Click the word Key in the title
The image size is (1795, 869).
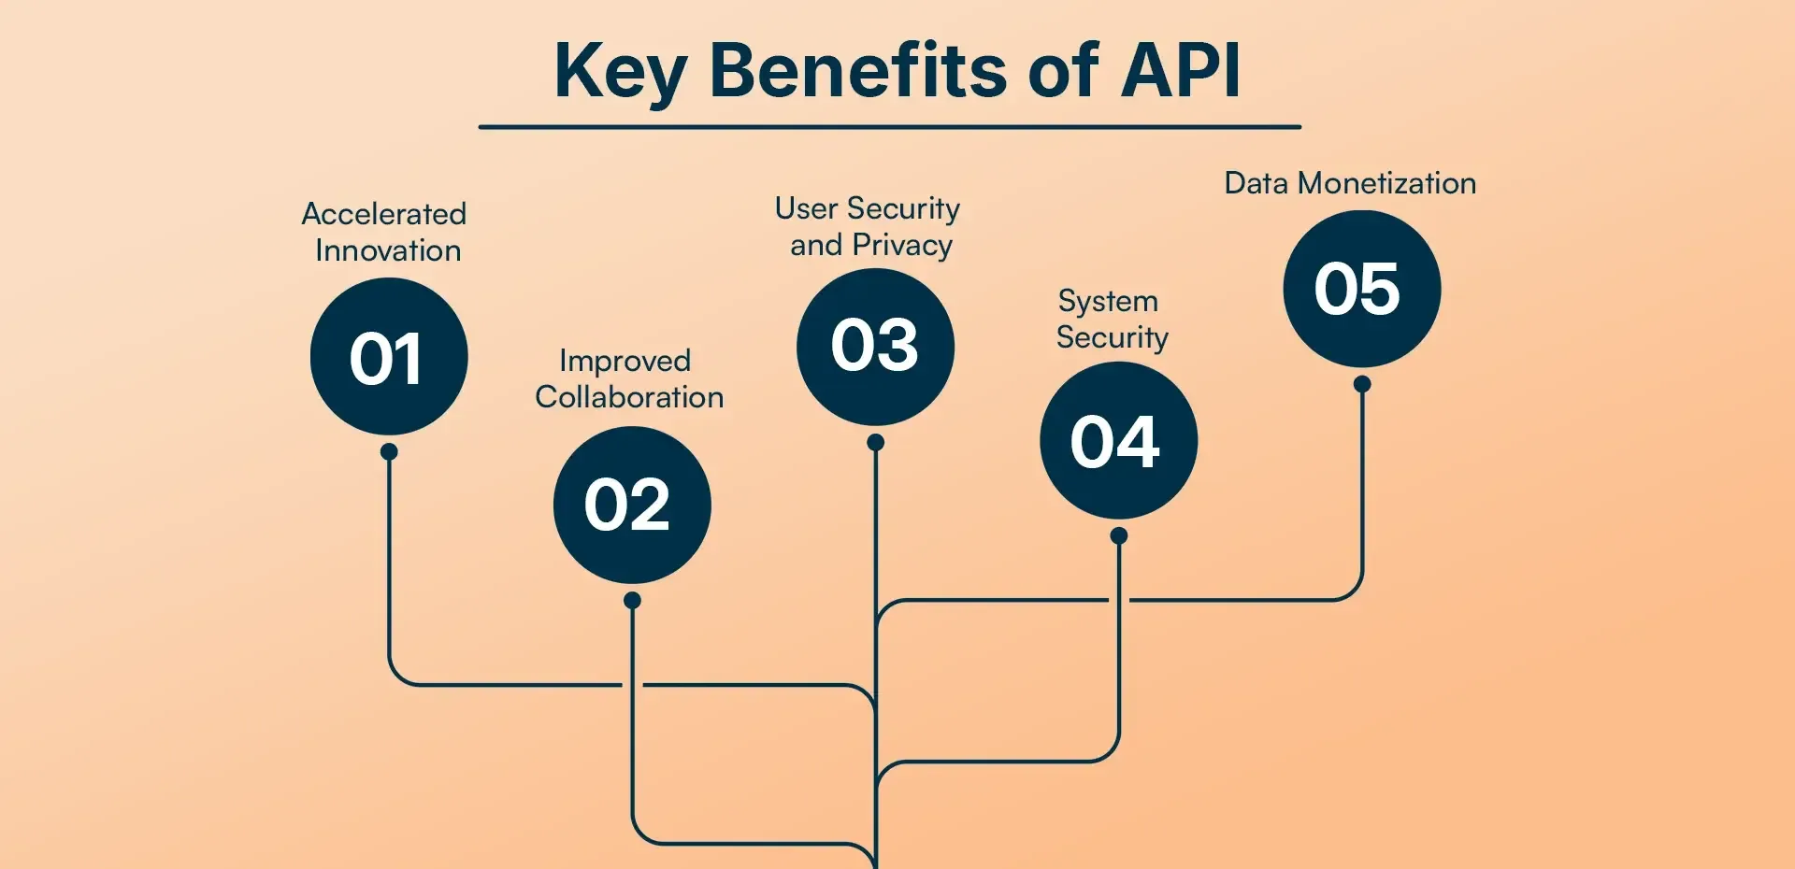coord(620,73)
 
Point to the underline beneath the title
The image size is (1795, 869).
coord(889,127)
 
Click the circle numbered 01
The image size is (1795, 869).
coord(389,357)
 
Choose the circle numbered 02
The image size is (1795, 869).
coord(632,506)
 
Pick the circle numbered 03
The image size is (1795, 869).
coord(875,347)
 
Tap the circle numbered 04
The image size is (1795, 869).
coord(1118,441)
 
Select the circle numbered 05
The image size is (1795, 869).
coord(1361,289)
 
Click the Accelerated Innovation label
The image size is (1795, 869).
coord(385,232)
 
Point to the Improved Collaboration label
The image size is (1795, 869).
coord(628,378)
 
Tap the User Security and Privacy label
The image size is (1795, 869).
coord(869,226)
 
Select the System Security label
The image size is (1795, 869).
coord(1112,319)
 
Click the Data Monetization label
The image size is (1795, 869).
coord(1350,183)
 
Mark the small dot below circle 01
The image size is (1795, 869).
coord(389,452)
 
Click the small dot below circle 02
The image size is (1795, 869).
coord(632,600)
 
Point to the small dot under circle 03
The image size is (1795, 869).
coord(875,442)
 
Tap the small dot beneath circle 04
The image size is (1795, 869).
coord(1118,536)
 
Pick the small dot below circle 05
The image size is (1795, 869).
coord(1361,384)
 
